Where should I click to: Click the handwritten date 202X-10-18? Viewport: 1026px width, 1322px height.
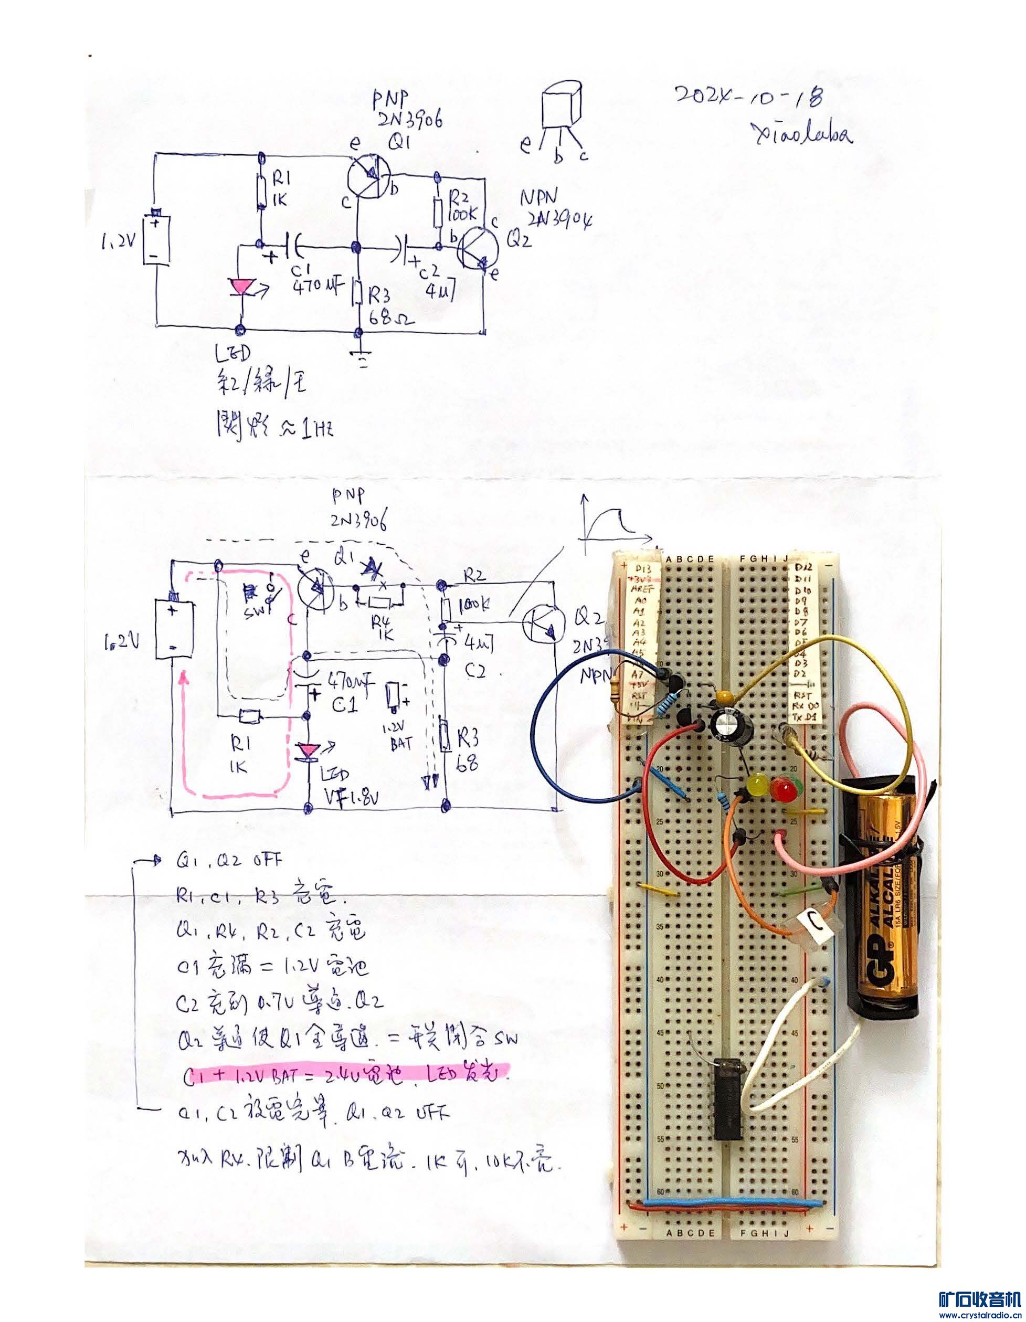[749, 96]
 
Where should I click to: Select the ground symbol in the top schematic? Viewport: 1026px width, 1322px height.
[362, 361]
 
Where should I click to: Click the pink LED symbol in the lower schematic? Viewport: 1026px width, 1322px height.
[309, 753]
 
